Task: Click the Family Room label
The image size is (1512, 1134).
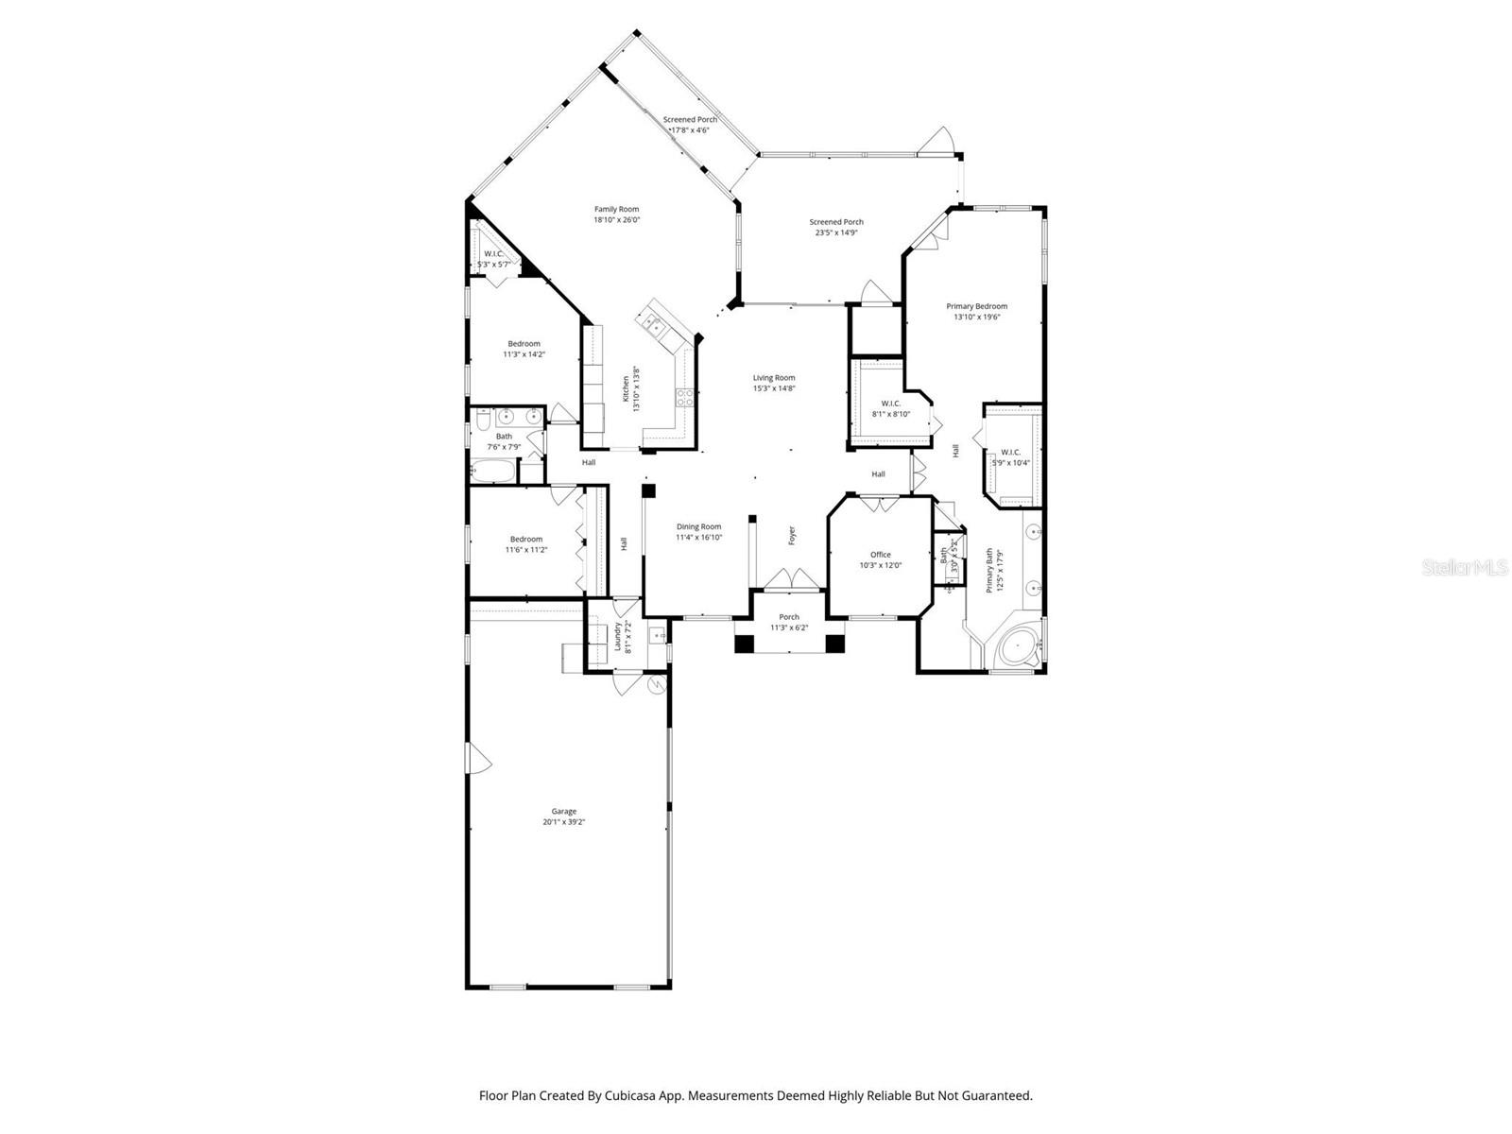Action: pos(616,210)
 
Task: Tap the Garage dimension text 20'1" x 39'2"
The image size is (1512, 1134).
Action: pos(564,822)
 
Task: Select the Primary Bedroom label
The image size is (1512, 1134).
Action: pos(976,306)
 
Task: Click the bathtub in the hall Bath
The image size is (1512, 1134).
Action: pos(494,470)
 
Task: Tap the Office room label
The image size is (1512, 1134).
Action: pos(881,555)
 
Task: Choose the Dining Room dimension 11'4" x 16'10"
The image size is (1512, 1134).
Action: pos(698,538)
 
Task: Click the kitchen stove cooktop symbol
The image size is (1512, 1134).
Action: pos(684,398)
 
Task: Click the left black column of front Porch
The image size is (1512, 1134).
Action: pos(745,644)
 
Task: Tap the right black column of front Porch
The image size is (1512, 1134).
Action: pos(833,644)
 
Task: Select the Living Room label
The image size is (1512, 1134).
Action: pos(773,378)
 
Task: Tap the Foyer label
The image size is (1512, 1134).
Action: pos(792,535)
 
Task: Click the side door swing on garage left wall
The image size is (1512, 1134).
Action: pos(477,755)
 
